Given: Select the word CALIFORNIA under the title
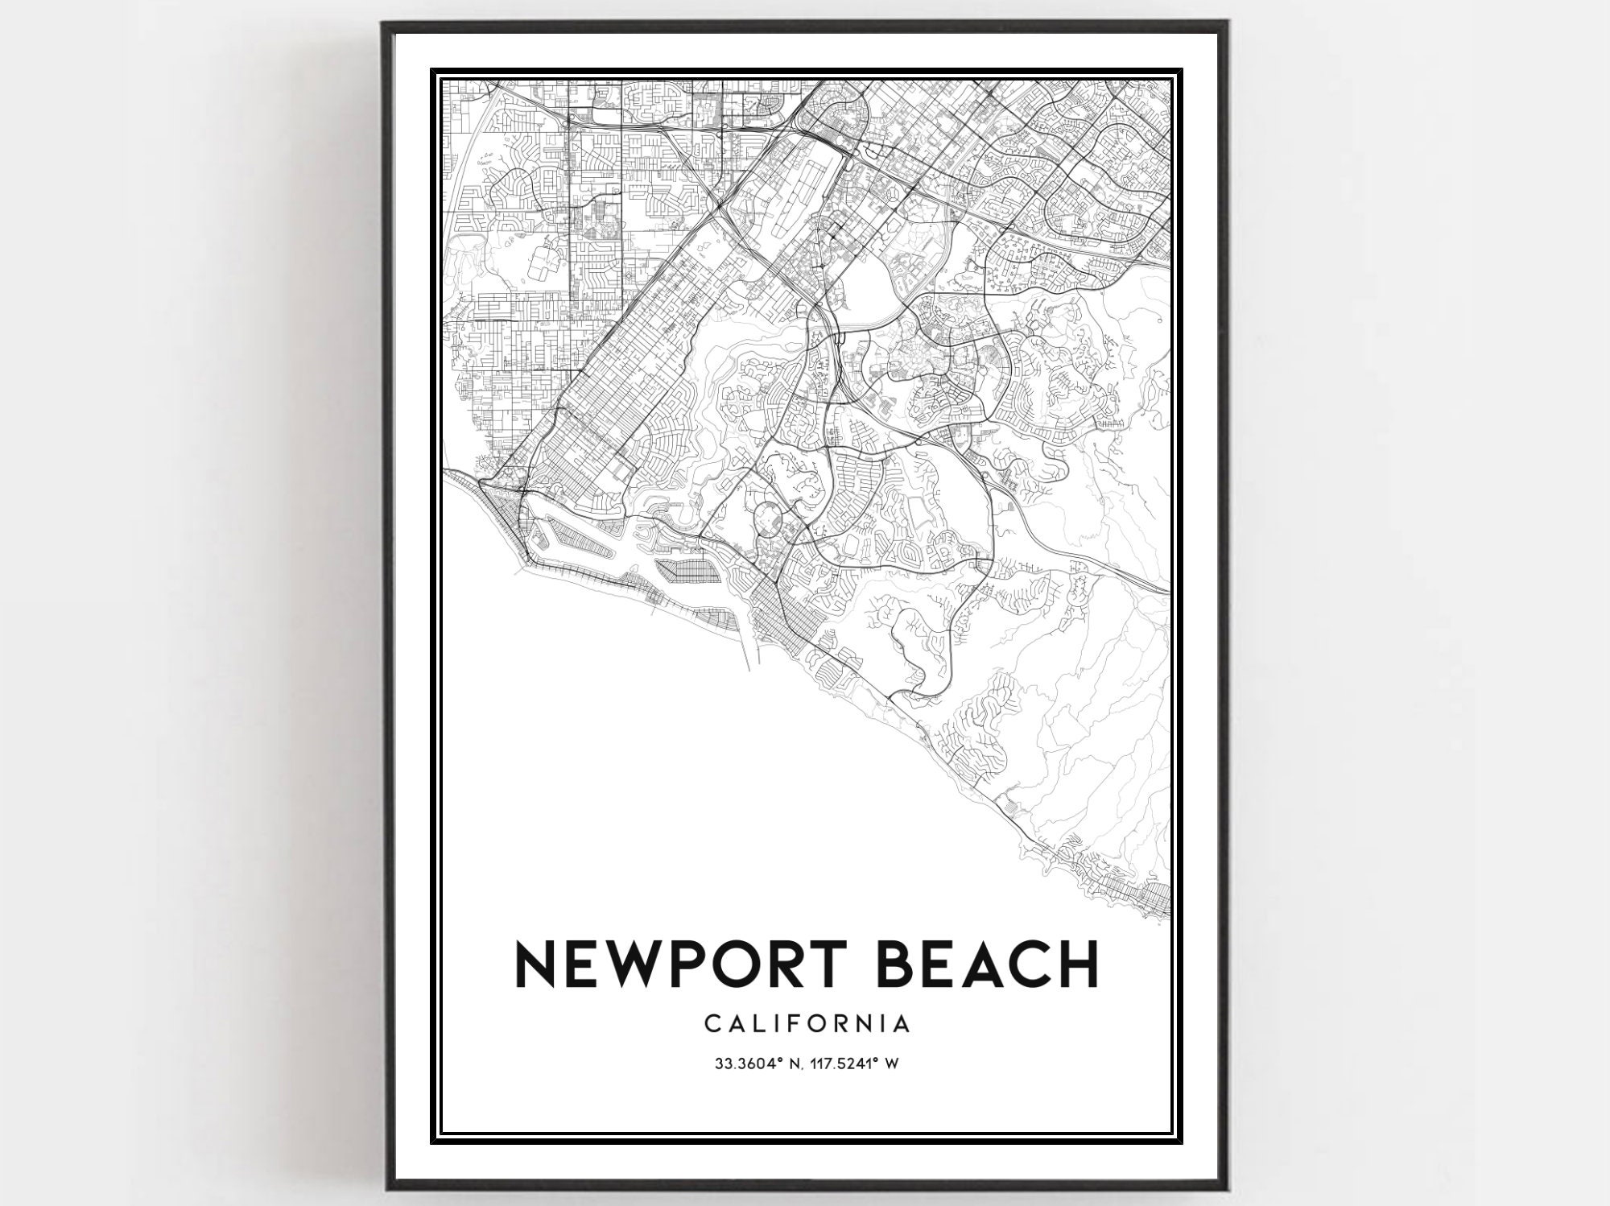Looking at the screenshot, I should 807,1023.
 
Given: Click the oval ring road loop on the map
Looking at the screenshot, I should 767,517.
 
